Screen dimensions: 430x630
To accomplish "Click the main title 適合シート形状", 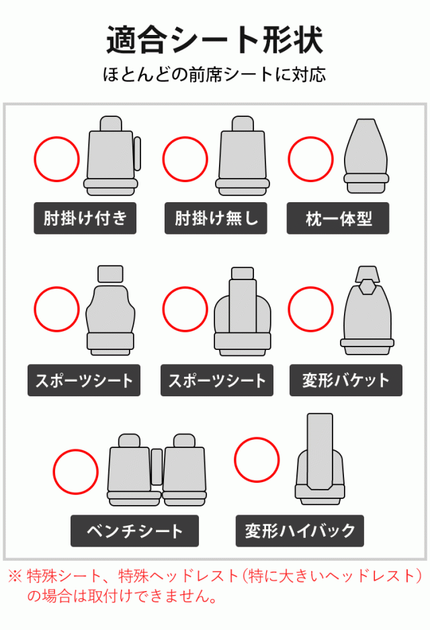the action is pos(214,40).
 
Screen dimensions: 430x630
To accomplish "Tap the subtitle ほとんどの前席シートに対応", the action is pos(214,75).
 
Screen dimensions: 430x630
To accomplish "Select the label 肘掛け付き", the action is pos(85,218).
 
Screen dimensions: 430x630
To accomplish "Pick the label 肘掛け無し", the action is pos(216,218).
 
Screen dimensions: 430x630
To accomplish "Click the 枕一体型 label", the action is pos(337,218).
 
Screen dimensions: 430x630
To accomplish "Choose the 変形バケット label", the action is pos(345,380).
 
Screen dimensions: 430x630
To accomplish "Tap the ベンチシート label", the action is pos(134,531).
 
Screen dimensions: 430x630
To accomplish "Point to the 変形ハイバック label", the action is pos(300,531).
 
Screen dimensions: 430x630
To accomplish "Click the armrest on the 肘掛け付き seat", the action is pos(138,154).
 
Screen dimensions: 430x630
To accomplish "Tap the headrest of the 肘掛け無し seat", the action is pos(243,124).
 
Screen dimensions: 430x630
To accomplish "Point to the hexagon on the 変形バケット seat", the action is pos(366,287).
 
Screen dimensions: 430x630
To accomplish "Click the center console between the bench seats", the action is pos(157,467).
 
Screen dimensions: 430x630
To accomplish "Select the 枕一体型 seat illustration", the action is pos(366,156).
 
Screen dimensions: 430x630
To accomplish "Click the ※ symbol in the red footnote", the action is pos(15,576).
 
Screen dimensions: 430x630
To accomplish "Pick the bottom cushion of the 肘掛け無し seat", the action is pos(243,187).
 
